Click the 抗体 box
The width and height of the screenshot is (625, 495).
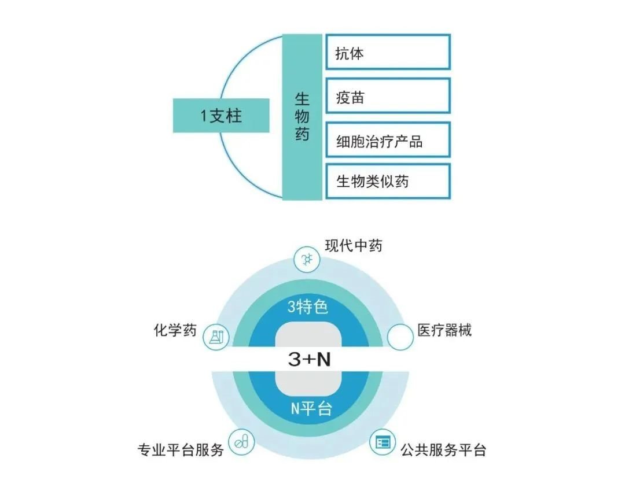(388, 52)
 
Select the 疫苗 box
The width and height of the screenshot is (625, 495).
(388, 96)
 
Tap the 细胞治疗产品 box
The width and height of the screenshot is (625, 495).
(388, 140)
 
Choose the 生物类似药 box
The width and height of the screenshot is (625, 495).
(388, 181)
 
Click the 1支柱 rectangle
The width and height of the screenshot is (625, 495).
(221, 116)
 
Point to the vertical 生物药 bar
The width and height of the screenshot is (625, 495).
(302, 117)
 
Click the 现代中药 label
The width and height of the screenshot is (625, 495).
(354, 246)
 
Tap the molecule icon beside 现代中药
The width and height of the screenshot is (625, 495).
(307, 260)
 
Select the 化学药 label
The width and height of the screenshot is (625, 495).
(175, 330)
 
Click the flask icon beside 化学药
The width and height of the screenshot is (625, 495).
(216, 337)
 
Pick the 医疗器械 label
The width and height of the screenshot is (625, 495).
(444, 330)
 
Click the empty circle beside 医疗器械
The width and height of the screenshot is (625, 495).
(400, 337)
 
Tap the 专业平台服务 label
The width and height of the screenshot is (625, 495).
(181, 450)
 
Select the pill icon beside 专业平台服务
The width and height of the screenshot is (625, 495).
(241, 442)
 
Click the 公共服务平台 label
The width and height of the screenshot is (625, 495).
(443, 450)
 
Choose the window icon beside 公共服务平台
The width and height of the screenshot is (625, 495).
(383, 442)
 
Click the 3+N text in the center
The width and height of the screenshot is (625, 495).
(309, 359)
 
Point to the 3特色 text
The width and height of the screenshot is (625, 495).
(308, 306)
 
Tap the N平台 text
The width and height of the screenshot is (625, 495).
(311, 409)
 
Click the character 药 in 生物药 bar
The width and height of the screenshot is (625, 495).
(302, 134)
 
